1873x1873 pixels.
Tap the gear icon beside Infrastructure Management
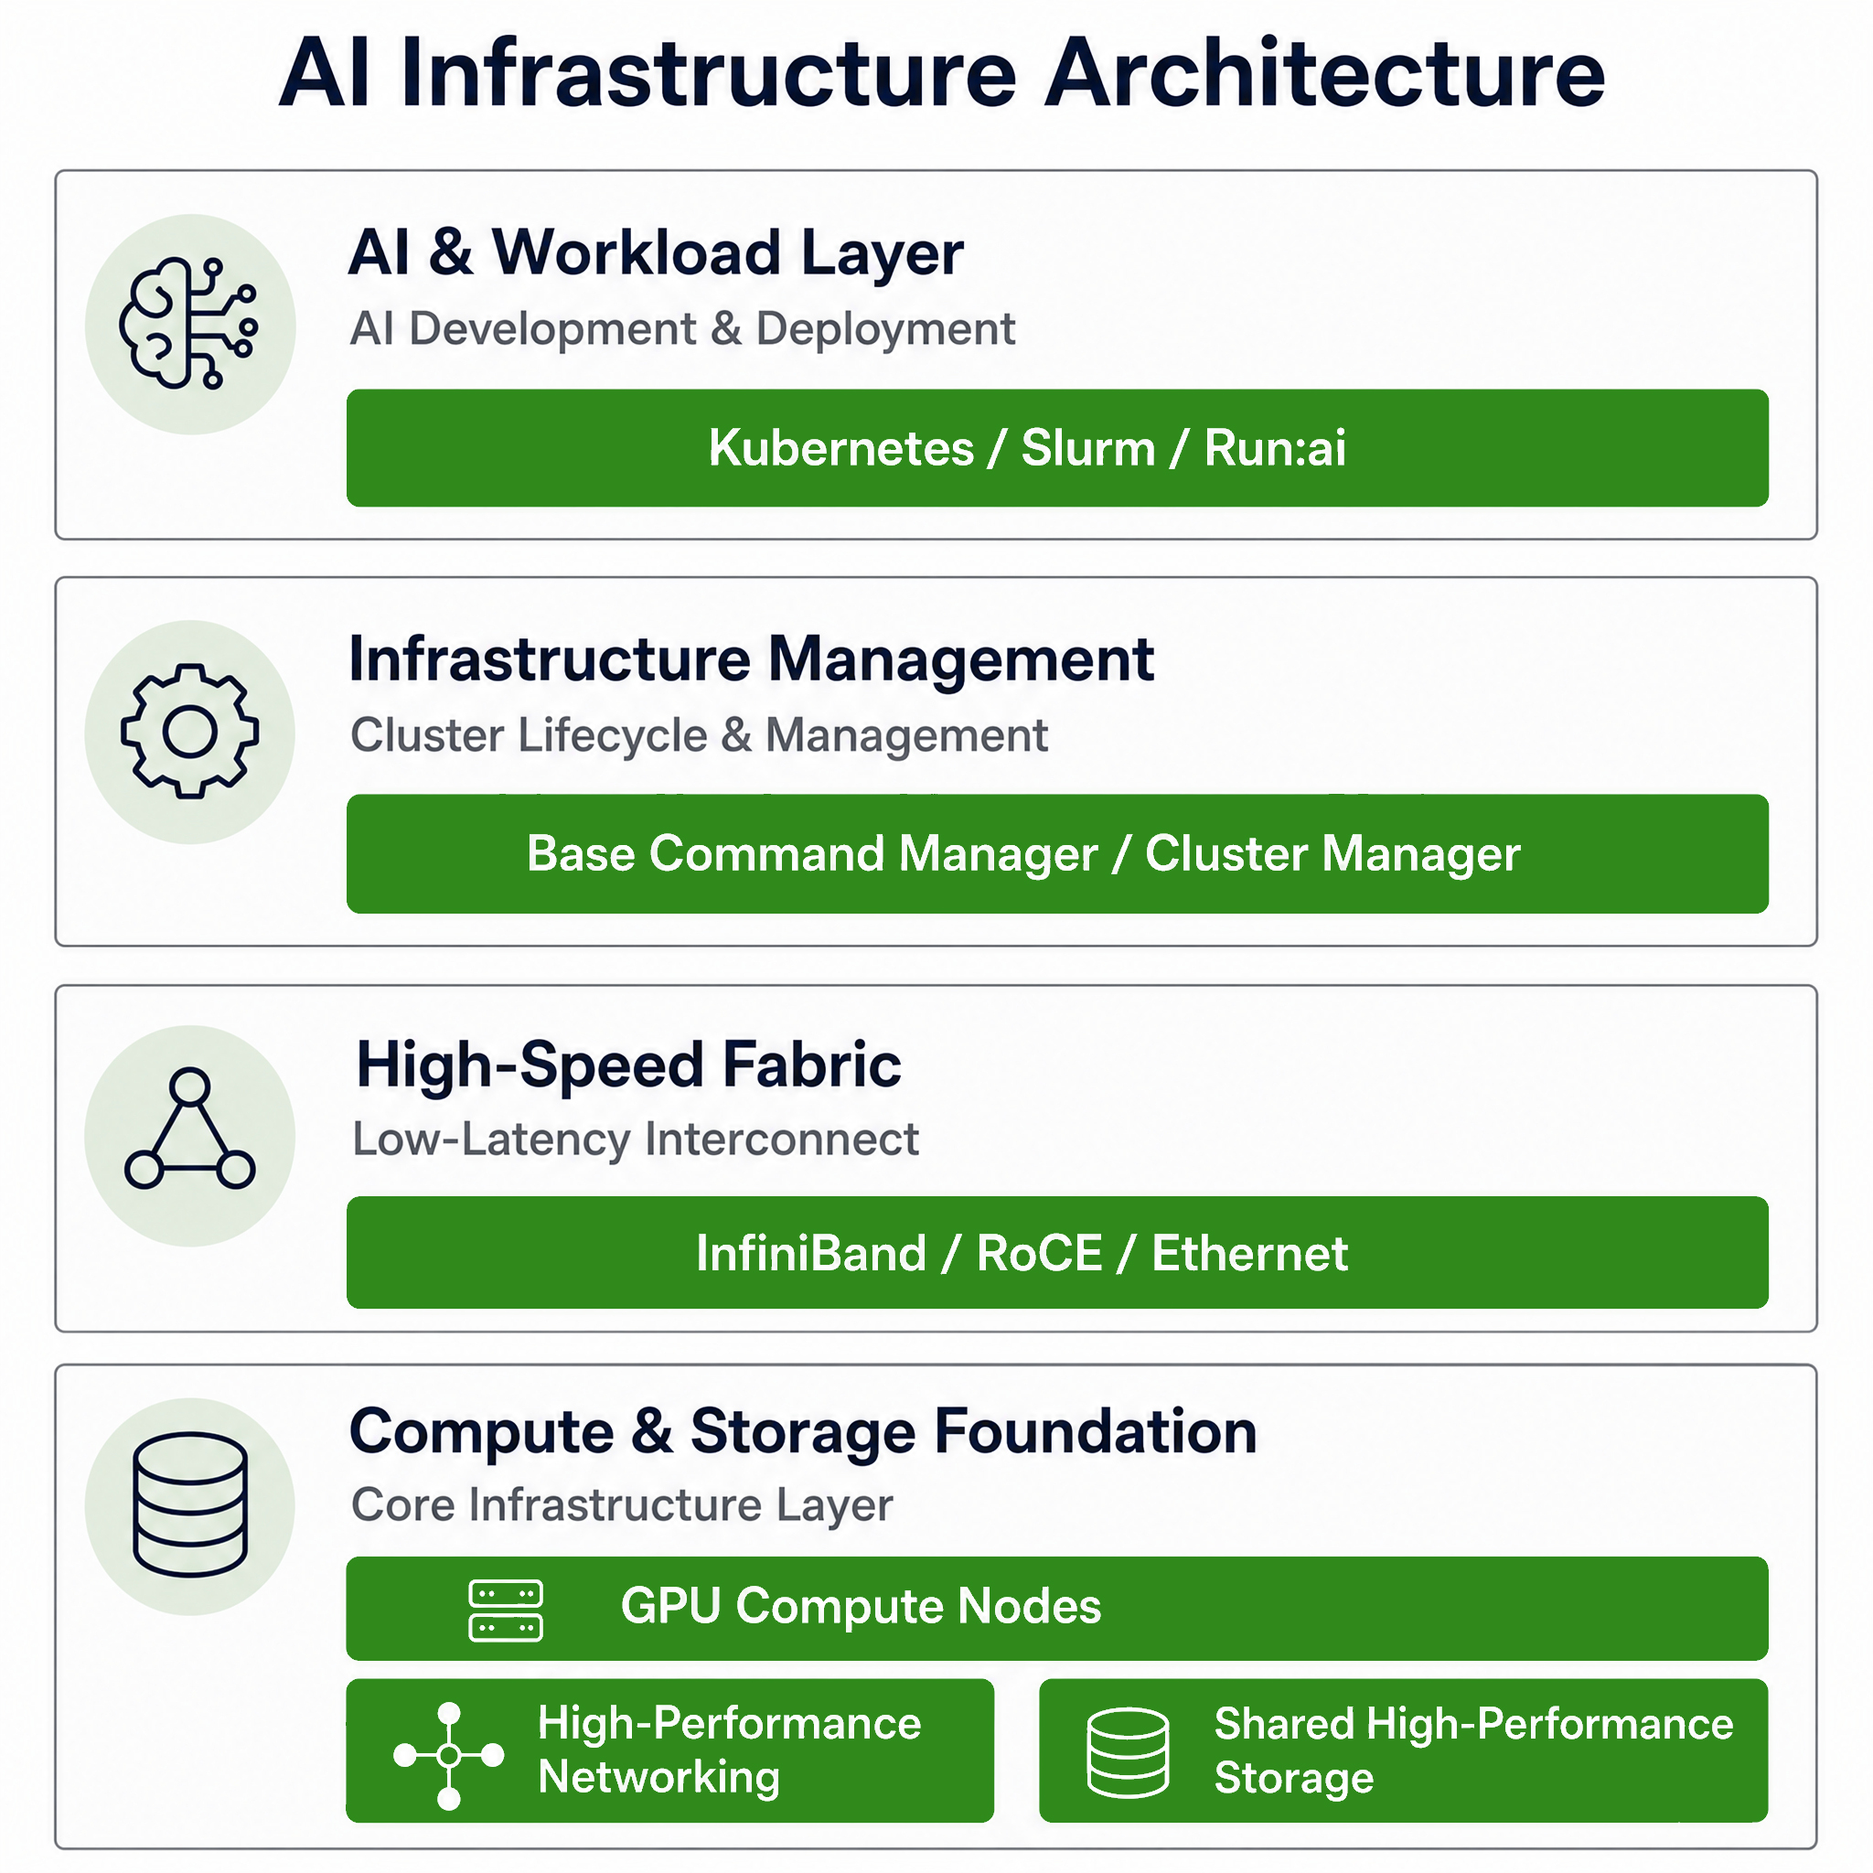coord(190,731)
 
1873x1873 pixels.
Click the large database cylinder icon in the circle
coord(190,1504)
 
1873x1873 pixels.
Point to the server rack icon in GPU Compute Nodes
coord(505,1611)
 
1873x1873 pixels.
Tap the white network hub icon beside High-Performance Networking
coord(449,1756)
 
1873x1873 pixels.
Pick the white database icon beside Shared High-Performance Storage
coord(1128,1753)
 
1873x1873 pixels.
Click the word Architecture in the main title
coord(1324,73)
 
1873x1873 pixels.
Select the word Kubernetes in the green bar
coord(840,448)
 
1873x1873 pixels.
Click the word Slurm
coord(1087,448)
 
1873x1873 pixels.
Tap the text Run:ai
coord(1275,448)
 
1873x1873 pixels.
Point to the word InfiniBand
coord(811,1254)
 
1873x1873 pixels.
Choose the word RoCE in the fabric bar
coord(1039,1254)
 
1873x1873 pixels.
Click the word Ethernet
coord(1249,1254)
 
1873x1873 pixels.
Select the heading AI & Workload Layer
coord(656,252)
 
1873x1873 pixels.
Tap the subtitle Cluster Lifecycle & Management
coord(699,735)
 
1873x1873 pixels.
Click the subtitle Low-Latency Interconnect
coord(635,1140)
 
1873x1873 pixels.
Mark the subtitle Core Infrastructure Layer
coord(621,1505)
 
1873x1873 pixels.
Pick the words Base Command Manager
coord(812,854)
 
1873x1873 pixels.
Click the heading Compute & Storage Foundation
coord(803,1432)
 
